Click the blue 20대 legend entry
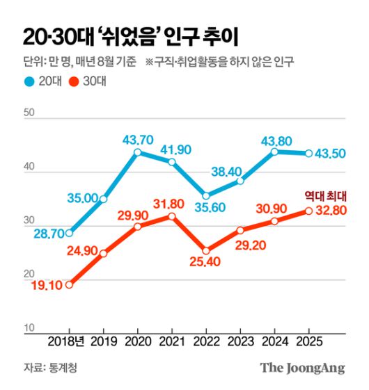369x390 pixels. coord(41,82)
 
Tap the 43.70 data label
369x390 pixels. coord(136,138)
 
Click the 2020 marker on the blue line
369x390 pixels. coord(137,152)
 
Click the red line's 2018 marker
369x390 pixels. coord(69,284)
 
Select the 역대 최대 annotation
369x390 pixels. coord(326,196)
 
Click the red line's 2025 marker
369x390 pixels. coord(308,211)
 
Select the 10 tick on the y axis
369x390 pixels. coord(29,327)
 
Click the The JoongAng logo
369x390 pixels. coord(302,368)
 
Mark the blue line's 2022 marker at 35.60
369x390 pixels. coord(205,195)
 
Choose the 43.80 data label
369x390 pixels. coord(274,138)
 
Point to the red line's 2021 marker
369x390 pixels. coord(171,217)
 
